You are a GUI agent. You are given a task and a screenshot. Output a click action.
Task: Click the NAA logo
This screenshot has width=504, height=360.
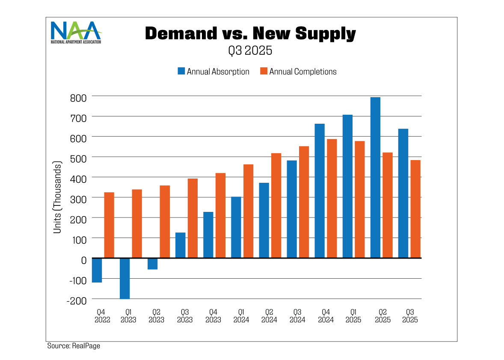[76, 32]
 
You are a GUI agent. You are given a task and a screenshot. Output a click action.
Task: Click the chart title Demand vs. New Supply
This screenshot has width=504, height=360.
[250, 33]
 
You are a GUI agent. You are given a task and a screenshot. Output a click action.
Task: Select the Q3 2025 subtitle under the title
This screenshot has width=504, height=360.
[250, 51]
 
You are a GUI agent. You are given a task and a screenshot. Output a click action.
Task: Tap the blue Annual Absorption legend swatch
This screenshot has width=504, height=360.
[181, 71]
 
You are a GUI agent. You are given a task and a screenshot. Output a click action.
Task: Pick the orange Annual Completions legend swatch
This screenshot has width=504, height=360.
[264, 71]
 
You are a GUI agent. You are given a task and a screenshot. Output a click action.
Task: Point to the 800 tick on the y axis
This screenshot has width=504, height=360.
[78, 98]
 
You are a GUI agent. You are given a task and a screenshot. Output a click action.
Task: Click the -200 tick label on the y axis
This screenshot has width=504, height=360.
[77, 301]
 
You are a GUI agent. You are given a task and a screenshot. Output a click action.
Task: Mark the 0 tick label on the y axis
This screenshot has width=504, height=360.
[83, 260]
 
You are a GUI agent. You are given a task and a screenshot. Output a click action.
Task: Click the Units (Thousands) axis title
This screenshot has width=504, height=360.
[57, 198]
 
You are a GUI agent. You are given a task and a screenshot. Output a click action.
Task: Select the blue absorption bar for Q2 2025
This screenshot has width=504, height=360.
[375, 178]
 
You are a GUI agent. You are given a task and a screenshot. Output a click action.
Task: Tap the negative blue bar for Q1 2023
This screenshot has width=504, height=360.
[125, 278]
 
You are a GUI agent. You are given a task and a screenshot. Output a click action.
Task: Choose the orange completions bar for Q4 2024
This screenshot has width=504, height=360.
[331, 199]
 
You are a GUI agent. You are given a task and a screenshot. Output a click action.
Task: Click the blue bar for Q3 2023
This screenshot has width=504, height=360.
[181, 245]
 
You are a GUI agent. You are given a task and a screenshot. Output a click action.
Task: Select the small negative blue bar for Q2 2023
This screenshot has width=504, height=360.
[153, 264]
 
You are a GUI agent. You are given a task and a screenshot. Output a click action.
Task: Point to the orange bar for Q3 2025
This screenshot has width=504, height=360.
[415, 209]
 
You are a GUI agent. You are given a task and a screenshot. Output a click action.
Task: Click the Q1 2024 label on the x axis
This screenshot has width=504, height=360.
[241, 316]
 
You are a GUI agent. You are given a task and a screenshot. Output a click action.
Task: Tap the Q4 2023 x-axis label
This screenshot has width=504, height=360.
[213, 316]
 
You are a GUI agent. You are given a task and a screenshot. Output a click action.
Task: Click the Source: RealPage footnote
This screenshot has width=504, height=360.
[74, 345]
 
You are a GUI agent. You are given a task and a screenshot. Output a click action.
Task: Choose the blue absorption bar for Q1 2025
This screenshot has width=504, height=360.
[347, 186]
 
